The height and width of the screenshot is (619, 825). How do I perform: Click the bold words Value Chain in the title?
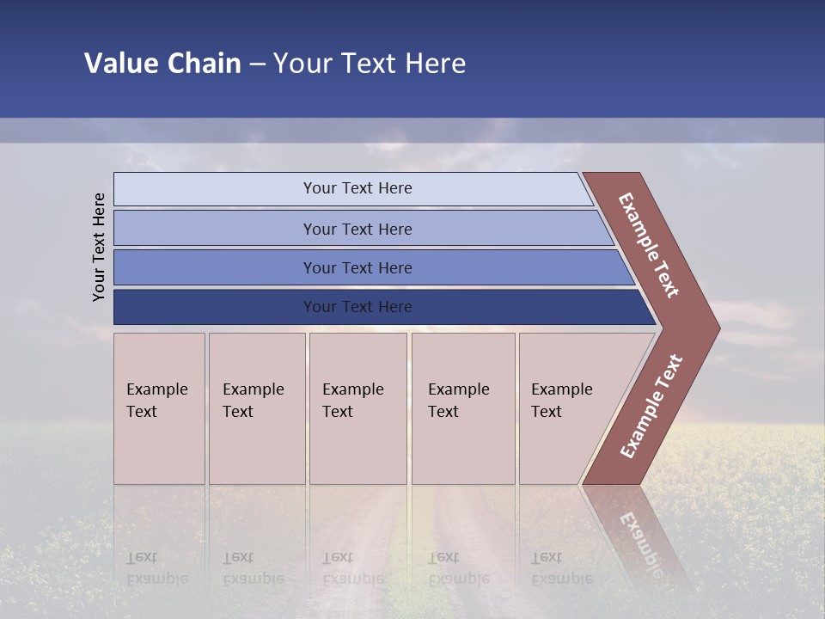pos(162,64)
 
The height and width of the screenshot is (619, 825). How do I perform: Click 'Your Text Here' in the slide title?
pos(370,64)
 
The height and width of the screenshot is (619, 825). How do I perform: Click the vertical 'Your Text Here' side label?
pos(99,247)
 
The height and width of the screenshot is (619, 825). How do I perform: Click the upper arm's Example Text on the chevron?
pos(649,245)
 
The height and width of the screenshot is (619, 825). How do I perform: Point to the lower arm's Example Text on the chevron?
pos(651,407)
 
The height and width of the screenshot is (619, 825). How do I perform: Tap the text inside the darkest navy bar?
pos(357,307)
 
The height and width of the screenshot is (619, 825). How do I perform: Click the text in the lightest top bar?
pos(357,188)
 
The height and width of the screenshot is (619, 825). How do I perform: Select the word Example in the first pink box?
pos(156,389)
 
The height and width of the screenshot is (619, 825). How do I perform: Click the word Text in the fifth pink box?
pos(546,412)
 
